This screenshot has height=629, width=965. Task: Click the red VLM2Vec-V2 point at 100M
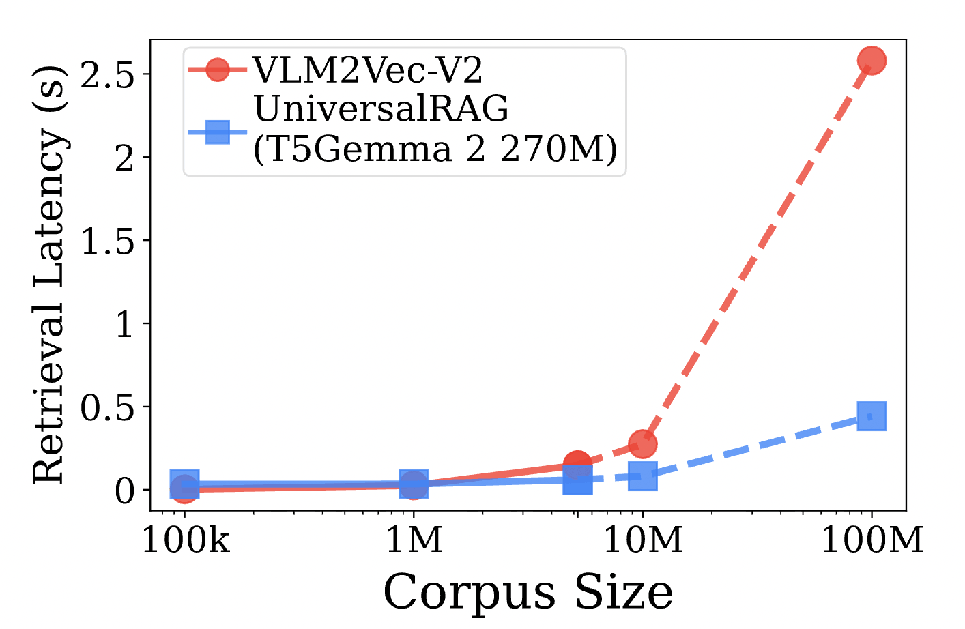[872, 61]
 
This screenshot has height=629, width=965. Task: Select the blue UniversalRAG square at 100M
[872, 415]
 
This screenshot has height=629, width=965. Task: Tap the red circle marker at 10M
[642, 444]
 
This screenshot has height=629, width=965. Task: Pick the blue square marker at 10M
[642, 476]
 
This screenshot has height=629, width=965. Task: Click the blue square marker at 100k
[184, 484]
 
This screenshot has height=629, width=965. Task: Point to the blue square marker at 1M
[413, 484]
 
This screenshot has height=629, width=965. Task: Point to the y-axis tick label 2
[124, 158]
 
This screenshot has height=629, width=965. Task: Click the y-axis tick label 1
[124, 324]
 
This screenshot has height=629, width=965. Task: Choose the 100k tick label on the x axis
[185, 540]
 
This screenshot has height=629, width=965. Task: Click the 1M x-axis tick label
[414, 540]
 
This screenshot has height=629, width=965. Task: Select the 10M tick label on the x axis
[642, 540]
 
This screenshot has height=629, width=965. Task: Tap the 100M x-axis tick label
[872, 540]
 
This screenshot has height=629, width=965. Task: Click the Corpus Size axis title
[528, 592]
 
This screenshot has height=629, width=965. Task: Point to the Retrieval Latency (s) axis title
[49, 275]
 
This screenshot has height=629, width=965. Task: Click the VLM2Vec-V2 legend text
[368, 70]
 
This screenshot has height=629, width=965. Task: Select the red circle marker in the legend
[218, 70]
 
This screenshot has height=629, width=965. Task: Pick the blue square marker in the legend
[218, 131]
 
